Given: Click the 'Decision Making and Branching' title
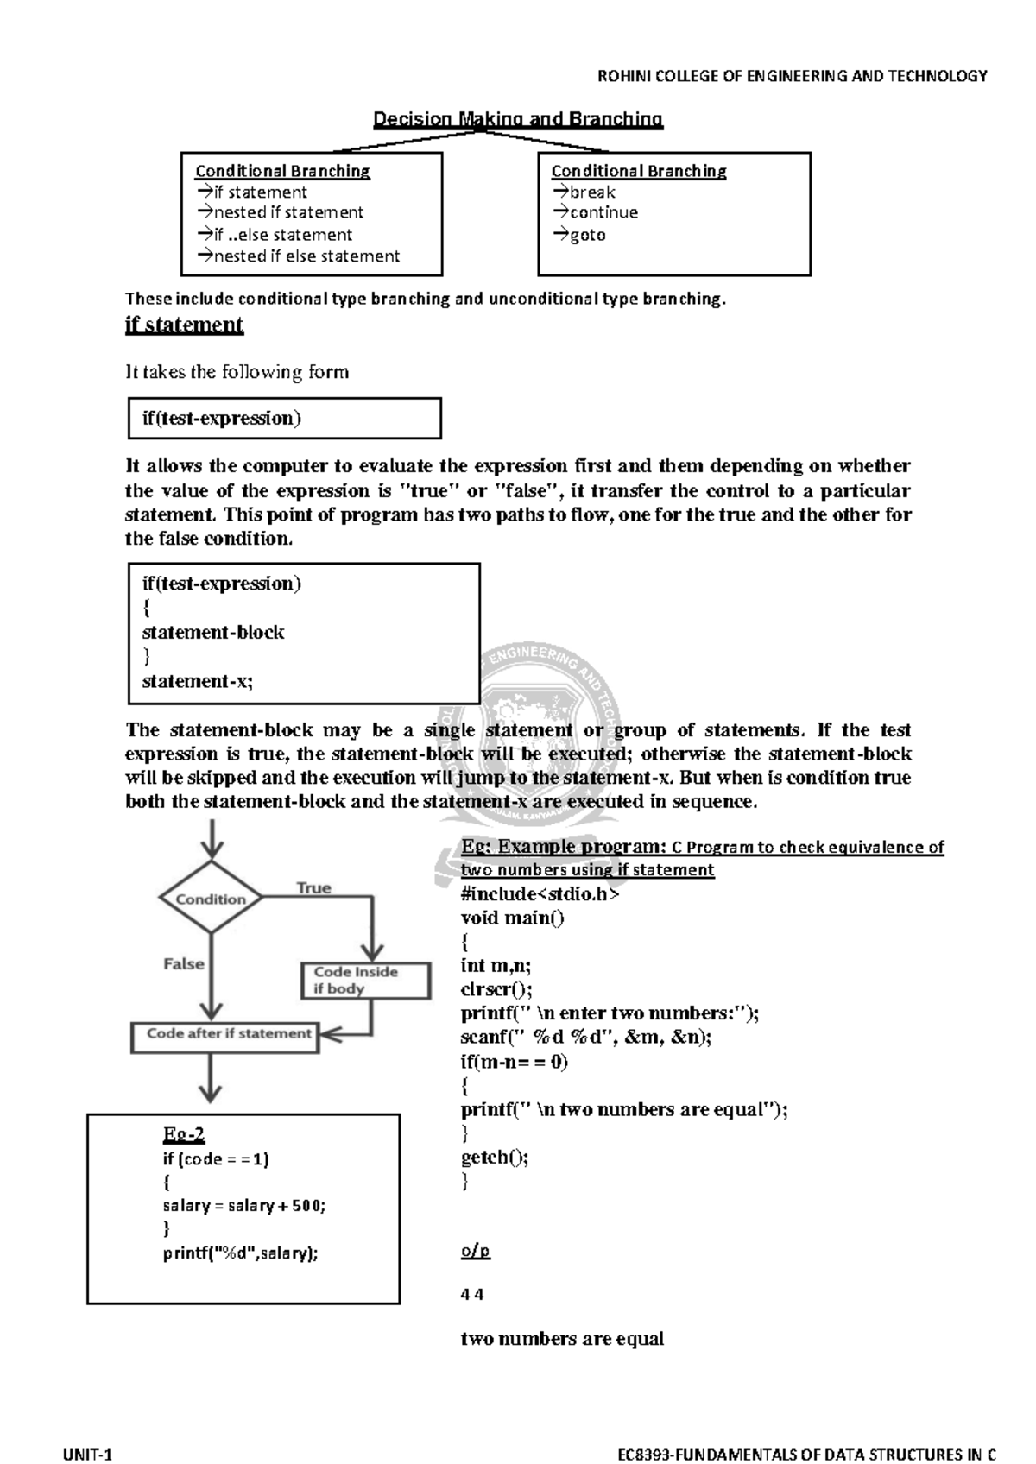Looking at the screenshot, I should coord(517,119).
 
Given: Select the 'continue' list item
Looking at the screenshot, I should coord(595,212).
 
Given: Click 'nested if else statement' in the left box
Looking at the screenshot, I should coord(298,256).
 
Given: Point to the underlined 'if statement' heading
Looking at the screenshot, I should coord(184,325).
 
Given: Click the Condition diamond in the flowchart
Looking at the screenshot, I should coord(211,899).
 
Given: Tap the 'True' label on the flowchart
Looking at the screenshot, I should coord(313,887).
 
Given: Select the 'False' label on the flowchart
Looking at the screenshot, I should coord(184,963).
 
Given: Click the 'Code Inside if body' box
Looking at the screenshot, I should coord(365,981).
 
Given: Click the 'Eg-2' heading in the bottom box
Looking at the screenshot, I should coord(184,1134).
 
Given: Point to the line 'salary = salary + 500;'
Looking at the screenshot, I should coord(244,1206).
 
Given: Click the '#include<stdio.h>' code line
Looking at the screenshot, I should coord(540,893).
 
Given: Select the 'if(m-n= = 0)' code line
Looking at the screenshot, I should coord(515,1062).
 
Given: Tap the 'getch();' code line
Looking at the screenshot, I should coord(494,1158).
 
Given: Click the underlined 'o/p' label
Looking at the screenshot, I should coord(476,1251).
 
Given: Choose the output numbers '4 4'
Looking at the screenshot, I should coord(472,1294).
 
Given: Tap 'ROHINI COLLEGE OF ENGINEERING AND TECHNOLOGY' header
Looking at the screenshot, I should coord(793,76).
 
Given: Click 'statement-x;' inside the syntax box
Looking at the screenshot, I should coord(197,681).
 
